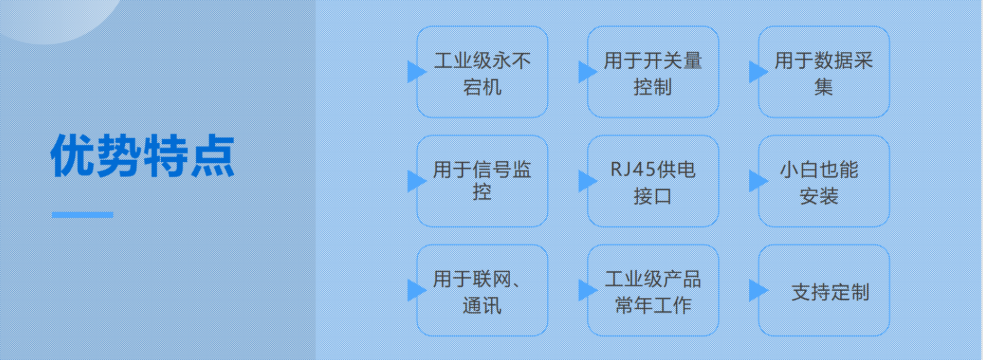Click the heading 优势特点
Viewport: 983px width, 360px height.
tap(143, 156)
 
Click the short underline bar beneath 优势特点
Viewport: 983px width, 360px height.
tap(82, 215)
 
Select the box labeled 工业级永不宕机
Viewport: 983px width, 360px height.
tap(482, 72)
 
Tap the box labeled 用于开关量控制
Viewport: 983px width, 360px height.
tap(653, 72)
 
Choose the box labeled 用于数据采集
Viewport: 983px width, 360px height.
tap(824, 72)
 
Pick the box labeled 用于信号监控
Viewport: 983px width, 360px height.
tap(482, 181)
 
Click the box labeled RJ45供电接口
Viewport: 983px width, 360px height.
tap(653, 181)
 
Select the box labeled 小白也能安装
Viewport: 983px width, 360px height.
tap(824, 181)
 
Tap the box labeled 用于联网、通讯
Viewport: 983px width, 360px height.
tap(482, 291)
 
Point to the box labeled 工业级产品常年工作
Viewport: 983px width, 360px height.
tap(653, 291)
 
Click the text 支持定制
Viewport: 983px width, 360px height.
tap(830, 292)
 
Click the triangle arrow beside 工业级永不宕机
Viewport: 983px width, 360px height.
tap(417, 72)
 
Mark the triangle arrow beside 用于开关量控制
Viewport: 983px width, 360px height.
tap(587, 72)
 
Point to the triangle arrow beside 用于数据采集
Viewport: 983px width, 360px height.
tap(758, 72)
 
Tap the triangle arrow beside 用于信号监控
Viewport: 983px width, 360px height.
tap(417, 181)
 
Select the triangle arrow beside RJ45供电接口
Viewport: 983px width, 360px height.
tap(587, 181)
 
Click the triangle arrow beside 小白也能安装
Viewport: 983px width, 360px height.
tap(758, 181)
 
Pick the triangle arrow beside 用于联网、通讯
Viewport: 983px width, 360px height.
tap(417, 290)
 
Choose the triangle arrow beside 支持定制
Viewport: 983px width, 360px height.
tap(758, 290)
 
